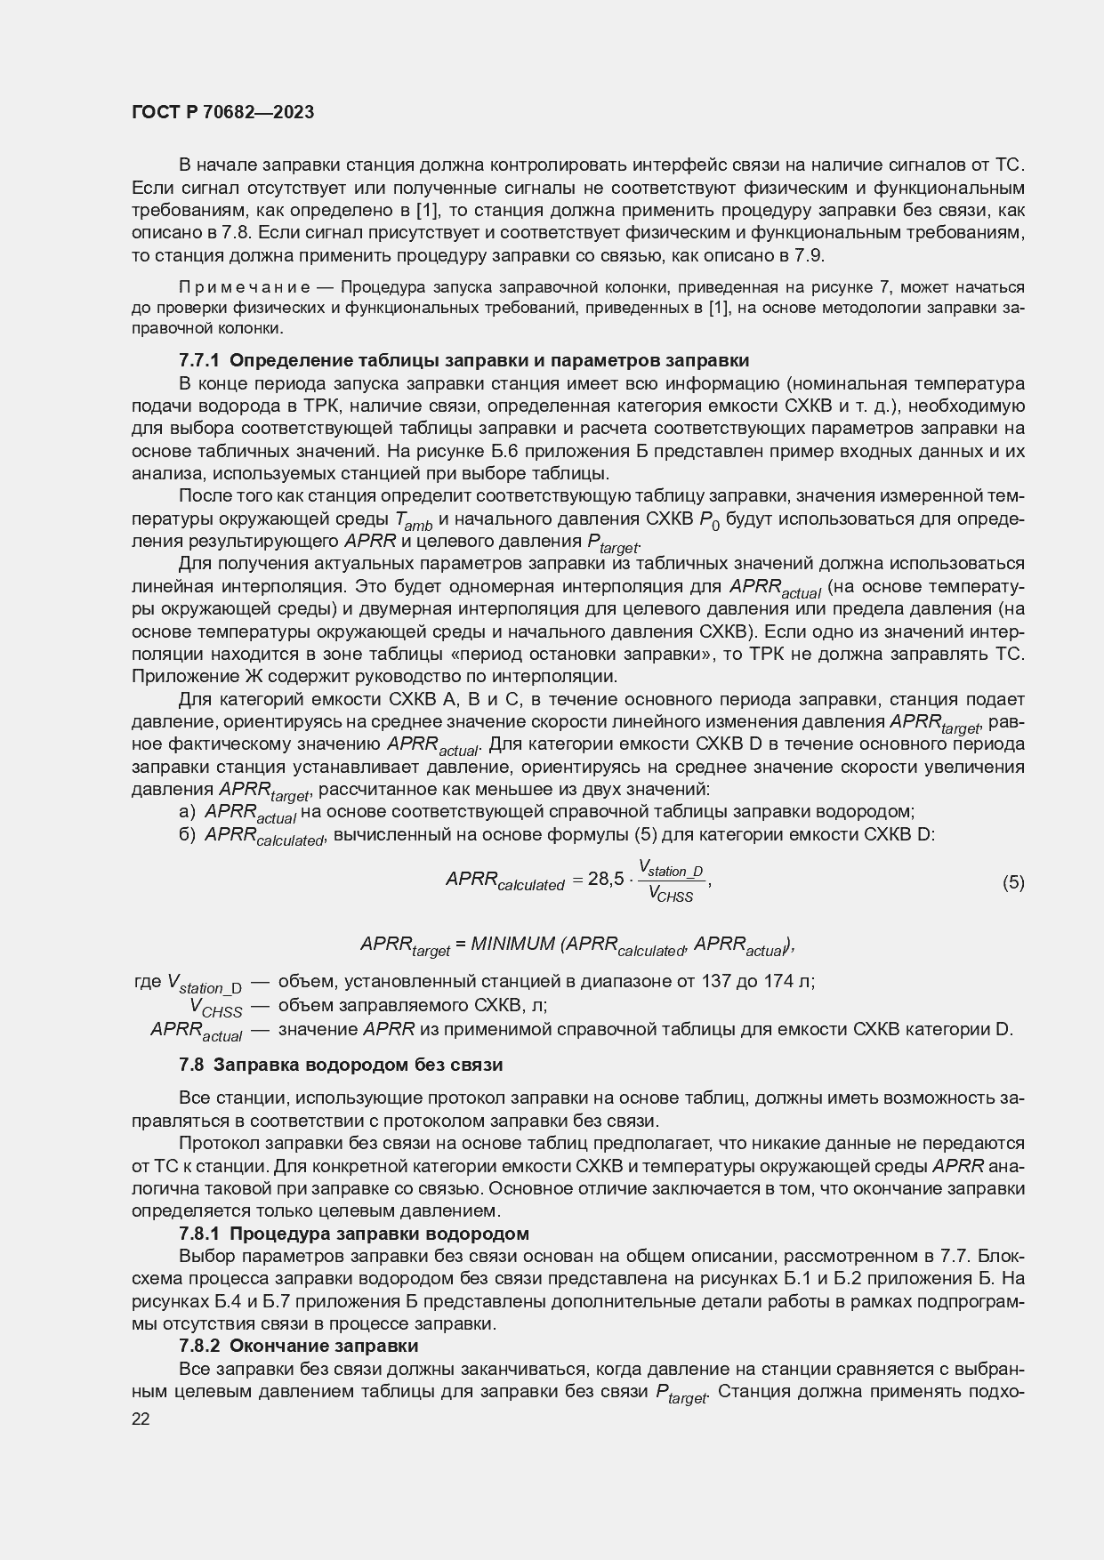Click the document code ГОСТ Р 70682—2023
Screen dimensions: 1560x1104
point(222,113)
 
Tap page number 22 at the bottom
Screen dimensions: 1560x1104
point(141,1419)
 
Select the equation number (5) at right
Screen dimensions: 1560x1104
point(1013,882)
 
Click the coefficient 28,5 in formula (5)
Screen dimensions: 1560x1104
point(606,880)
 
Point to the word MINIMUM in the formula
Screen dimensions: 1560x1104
point(512,944)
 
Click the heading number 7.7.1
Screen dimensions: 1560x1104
point(200,360)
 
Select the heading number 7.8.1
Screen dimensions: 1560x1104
point(200,1234)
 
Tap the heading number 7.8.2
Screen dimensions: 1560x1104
point(200,1346)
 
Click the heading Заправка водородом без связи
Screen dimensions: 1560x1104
point(359,1065)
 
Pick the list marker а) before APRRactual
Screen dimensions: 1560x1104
point(187,811)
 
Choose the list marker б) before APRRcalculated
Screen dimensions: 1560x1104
point(187,834)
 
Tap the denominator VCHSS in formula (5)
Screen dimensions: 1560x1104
point(671,895)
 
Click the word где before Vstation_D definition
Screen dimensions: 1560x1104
point(147,982)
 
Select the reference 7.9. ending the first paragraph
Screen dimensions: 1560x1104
point(810,256)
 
